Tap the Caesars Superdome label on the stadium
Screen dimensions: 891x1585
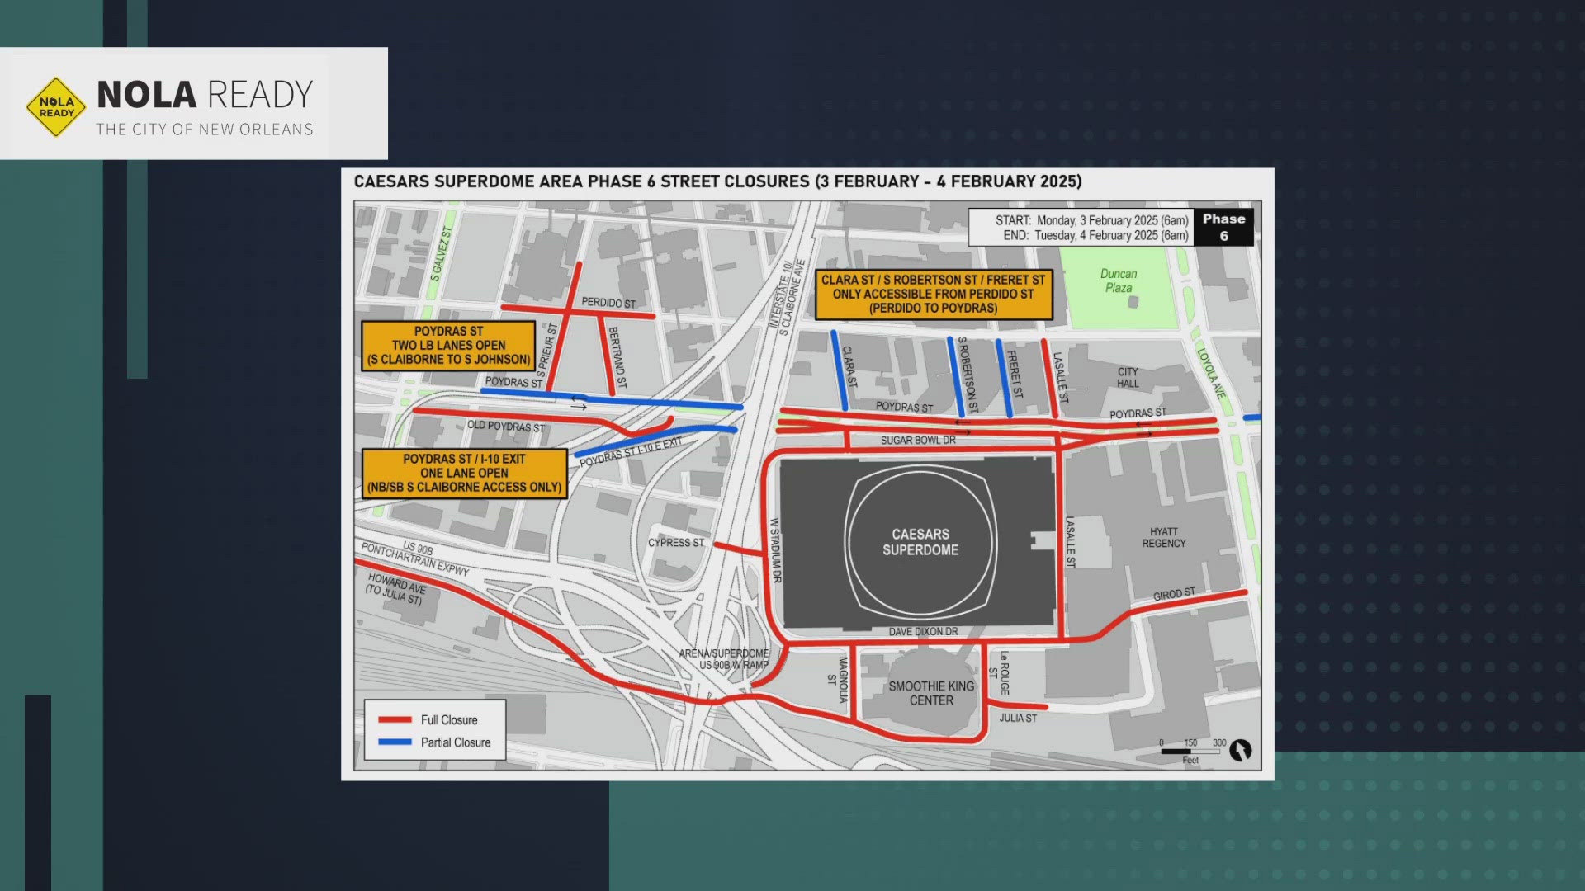pos(920,542)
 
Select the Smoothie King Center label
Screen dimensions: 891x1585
pos(931,693)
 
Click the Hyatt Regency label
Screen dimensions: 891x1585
pos(1163,537)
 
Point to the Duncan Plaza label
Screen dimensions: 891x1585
pos(1119,280)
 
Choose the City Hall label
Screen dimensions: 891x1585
pos(1128,377)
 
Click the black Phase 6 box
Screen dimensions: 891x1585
pos(1223,227)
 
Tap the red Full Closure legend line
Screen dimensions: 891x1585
pos(395,719)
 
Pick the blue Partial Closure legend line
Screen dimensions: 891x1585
pos(395,742)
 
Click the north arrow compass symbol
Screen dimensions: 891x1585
pos(1240,750)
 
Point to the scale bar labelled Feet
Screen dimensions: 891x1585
pos(1190,751)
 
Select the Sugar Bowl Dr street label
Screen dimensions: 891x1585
pos(918,440)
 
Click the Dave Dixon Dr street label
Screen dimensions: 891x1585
pos(923,631)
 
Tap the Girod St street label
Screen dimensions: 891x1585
pos(1174,594)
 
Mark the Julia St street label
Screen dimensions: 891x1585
pos(1018,718)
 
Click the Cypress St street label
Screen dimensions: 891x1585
pos(675,542)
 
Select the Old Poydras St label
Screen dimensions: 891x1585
pos(506,426)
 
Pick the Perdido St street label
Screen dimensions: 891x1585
pos(608,303)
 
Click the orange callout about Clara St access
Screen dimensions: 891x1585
pos(933,294)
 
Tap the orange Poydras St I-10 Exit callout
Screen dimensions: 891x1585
pos(464,473)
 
